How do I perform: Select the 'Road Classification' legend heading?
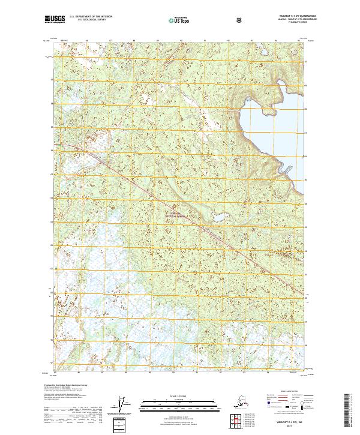coord(285,389)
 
